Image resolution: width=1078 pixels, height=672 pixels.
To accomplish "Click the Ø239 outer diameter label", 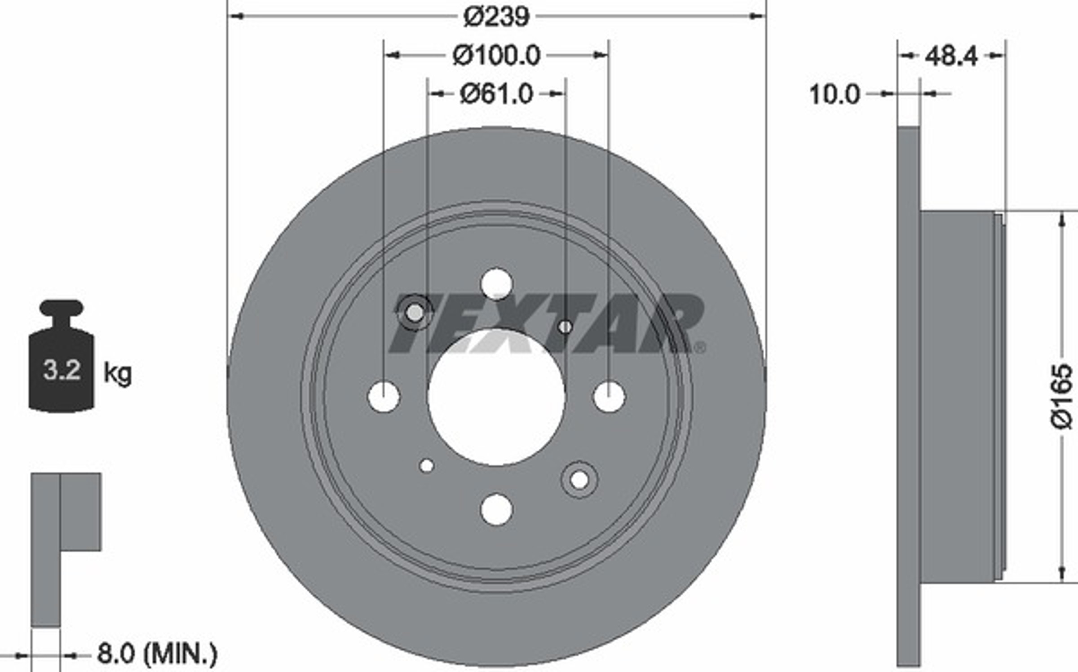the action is click(496, 17).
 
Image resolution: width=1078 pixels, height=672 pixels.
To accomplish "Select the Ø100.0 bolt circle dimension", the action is click(496, 56).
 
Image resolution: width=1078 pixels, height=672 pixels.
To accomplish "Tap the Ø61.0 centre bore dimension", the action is click(496, 94).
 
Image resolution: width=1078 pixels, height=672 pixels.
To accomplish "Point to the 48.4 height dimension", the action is click(951, 57).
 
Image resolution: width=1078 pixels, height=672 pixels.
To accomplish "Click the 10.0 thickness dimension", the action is click(835, 95).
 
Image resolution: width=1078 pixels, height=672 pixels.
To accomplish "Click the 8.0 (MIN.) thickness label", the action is click(157, 654).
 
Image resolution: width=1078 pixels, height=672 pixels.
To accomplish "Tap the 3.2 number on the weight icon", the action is click(62, 371).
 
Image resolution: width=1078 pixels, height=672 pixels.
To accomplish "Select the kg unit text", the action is click(118, 373).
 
